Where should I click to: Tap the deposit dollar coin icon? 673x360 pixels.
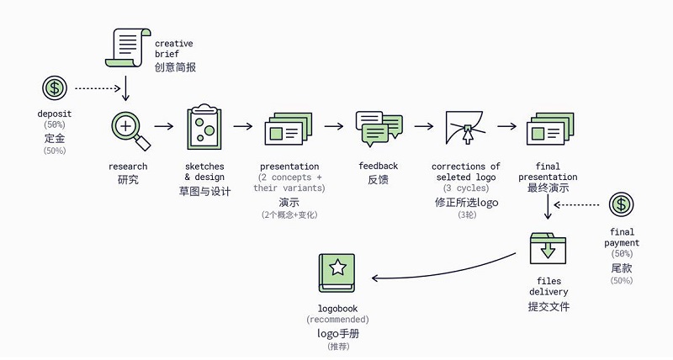[x=55, y=87]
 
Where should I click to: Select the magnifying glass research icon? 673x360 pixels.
[x=129, y=130]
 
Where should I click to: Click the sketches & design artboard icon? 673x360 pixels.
[x=204, y=126]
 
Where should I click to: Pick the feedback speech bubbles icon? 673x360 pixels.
[x=379, y=127]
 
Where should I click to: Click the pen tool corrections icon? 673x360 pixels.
[x=465, y=129]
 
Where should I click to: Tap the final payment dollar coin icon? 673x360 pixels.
[x=622, y=204]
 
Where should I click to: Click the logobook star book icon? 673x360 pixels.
[x=337, y=272]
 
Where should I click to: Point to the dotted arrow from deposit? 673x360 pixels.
[x=98, y=87]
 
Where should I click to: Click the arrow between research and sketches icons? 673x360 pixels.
[x=165, y=127]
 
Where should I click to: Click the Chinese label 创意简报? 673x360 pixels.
[x=175, y=66]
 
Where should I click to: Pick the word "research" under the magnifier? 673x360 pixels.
[x=128, y=167]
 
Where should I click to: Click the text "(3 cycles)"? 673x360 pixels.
[x=465, y=189]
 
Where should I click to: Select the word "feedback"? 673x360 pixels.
[x=379, y=167]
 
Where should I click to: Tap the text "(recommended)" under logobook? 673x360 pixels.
[x=337, y=320]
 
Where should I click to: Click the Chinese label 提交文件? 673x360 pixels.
[x=548, y=307]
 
